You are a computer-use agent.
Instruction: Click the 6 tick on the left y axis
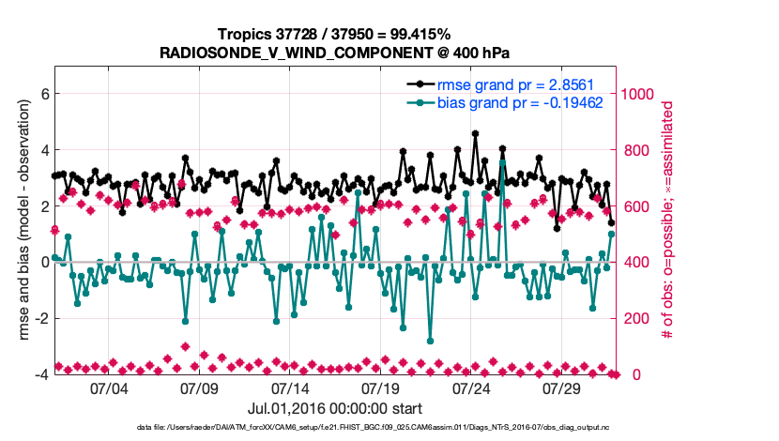tap(43, 94)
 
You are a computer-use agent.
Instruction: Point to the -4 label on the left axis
tap(40, 374)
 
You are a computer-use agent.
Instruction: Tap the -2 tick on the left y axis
tap(40, 318)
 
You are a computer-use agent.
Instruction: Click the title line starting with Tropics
tap(334, 35)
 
